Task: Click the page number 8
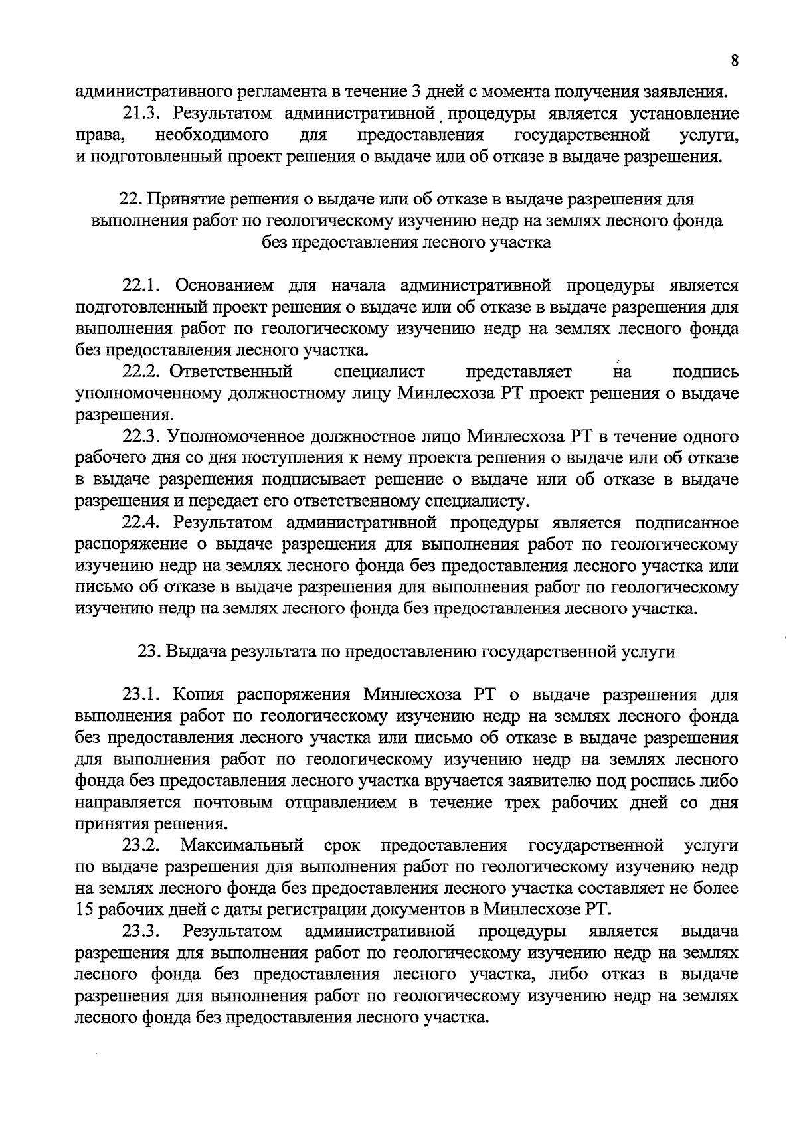pyautogui.click(x=734, y=60)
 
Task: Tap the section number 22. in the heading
pyautogui.click(x=129, y=199)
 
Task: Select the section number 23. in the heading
pyautogui.click(x=147, y=652)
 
